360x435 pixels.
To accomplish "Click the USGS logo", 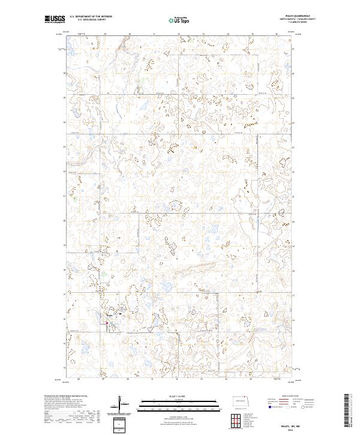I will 55,20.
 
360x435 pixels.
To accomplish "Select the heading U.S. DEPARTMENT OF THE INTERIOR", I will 91,17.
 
